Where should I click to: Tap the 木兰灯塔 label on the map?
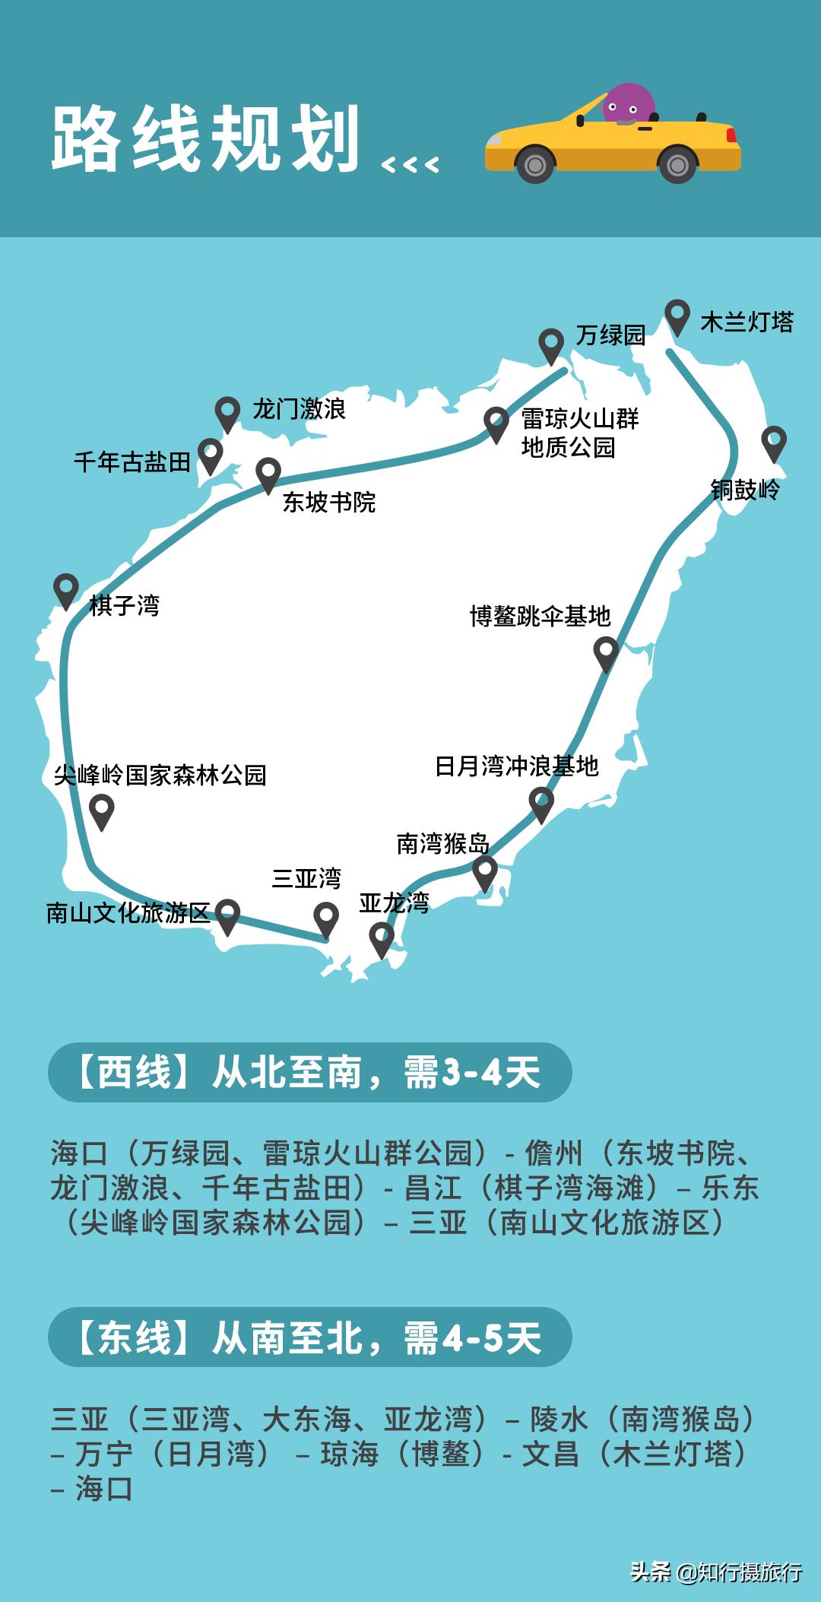coord(747,322)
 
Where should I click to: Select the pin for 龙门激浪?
coord(227,413)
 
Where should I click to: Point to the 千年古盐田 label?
coord(132,462)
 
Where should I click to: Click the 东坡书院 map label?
coord(329,502)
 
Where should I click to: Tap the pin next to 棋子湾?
coord(66,589)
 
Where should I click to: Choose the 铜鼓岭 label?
coord(745,490)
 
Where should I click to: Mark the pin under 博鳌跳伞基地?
coord(606,653)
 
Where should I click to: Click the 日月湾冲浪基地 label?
coord(517,766)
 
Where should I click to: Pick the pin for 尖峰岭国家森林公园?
coord(102,810)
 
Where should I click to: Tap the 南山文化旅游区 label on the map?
coord(128,912)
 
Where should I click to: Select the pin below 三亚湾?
coord(326,918)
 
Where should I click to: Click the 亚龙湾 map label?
coord(394,903)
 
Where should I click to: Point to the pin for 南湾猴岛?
coord(485,872)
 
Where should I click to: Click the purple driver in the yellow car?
coord(628,104)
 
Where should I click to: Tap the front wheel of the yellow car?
coord(535,165)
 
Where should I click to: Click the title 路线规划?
coord(205,139)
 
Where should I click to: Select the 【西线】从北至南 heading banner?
coord(309,1072)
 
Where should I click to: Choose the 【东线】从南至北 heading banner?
coord(309,1337)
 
